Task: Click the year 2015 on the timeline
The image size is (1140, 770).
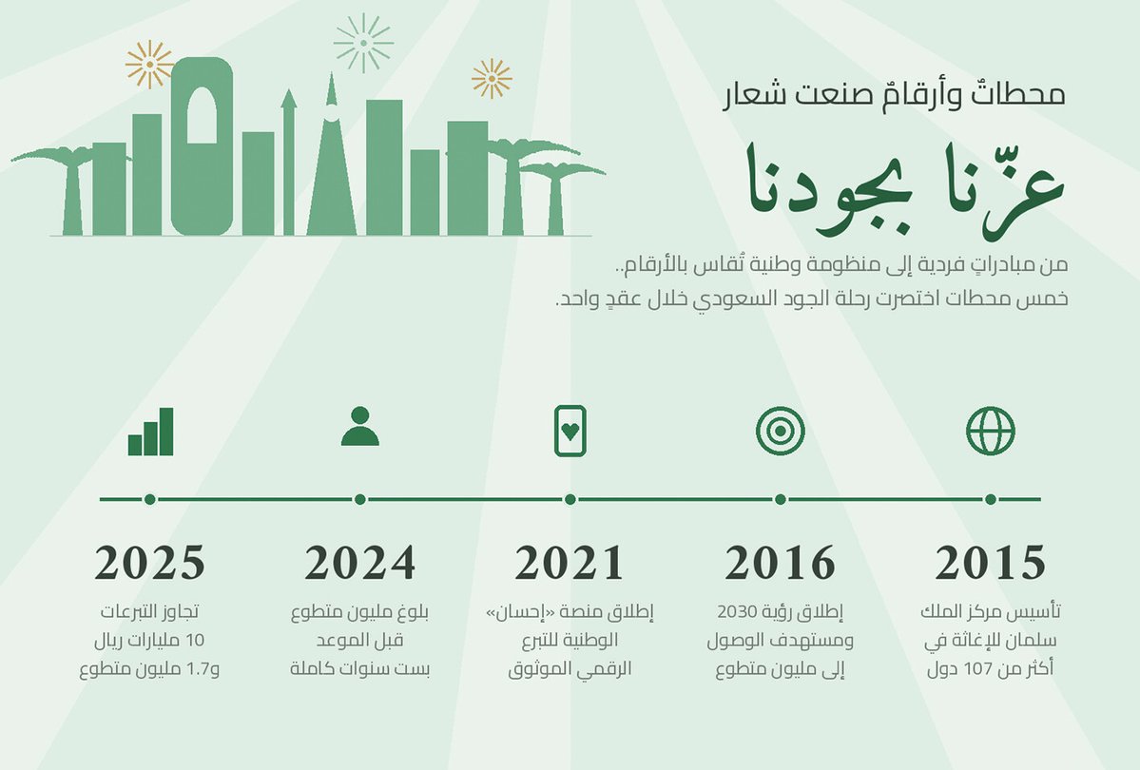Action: (x=990, y=562)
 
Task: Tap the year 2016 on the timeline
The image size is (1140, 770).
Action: (x=780, y=562)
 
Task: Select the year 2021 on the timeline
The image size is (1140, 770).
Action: (x=570, y=562)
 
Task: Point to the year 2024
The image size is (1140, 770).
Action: (x=360, y=562)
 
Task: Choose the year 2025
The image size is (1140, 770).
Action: (x=150, y=562)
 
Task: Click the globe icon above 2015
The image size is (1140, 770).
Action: (x=990, y=432)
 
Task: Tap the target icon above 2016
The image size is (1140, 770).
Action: (x=780, y=432)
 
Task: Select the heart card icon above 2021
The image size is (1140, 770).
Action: (x=570, y=432)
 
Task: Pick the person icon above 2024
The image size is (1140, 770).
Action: (x=360, y=426)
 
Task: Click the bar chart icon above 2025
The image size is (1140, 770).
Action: (x=150, y=432)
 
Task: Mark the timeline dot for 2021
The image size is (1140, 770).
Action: (x=570, y=499)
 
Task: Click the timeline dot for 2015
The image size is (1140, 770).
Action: (x=990, y=499)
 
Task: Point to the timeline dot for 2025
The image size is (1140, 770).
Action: (x=150, y=499)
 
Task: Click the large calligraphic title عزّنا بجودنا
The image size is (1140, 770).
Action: (x=905, y=189)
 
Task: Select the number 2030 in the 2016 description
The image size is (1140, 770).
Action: (x=737, y=611)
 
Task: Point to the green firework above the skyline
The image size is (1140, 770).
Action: (x=363, y=43)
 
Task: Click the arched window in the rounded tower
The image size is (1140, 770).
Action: (x=203, y=115)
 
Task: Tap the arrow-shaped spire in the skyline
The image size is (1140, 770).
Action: (x=289, y=162)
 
